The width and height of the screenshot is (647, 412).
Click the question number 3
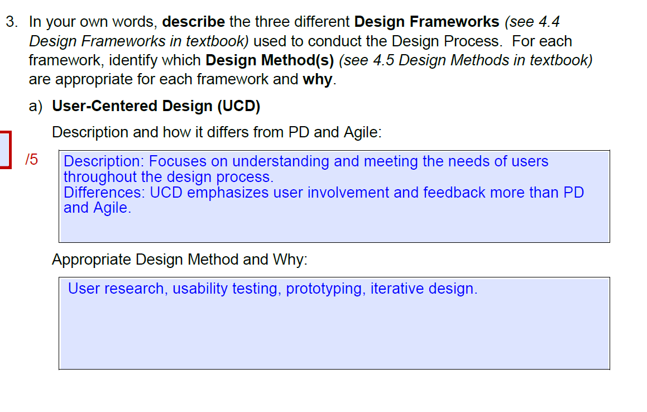click(x=11, y=22)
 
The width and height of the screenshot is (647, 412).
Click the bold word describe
click(x=193, y=22)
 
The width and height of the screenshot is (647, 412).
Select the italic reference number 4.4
click(x=549, y=22)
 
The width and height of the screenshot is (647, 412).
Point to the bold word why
click(x=318, y=79)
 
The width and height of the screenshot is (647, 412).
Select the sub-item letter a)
click(x=36, y=106)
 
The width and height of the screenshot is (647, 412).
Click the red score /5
click(x=32, y=160)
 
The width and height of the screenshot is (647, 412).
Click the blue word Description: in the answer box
click(x=104, y=162)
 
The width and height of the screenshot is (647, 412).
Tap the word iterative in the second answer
click(x=397, y=289)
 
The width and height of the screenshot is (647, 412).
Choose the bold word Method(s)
click(x=298, y=60)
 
